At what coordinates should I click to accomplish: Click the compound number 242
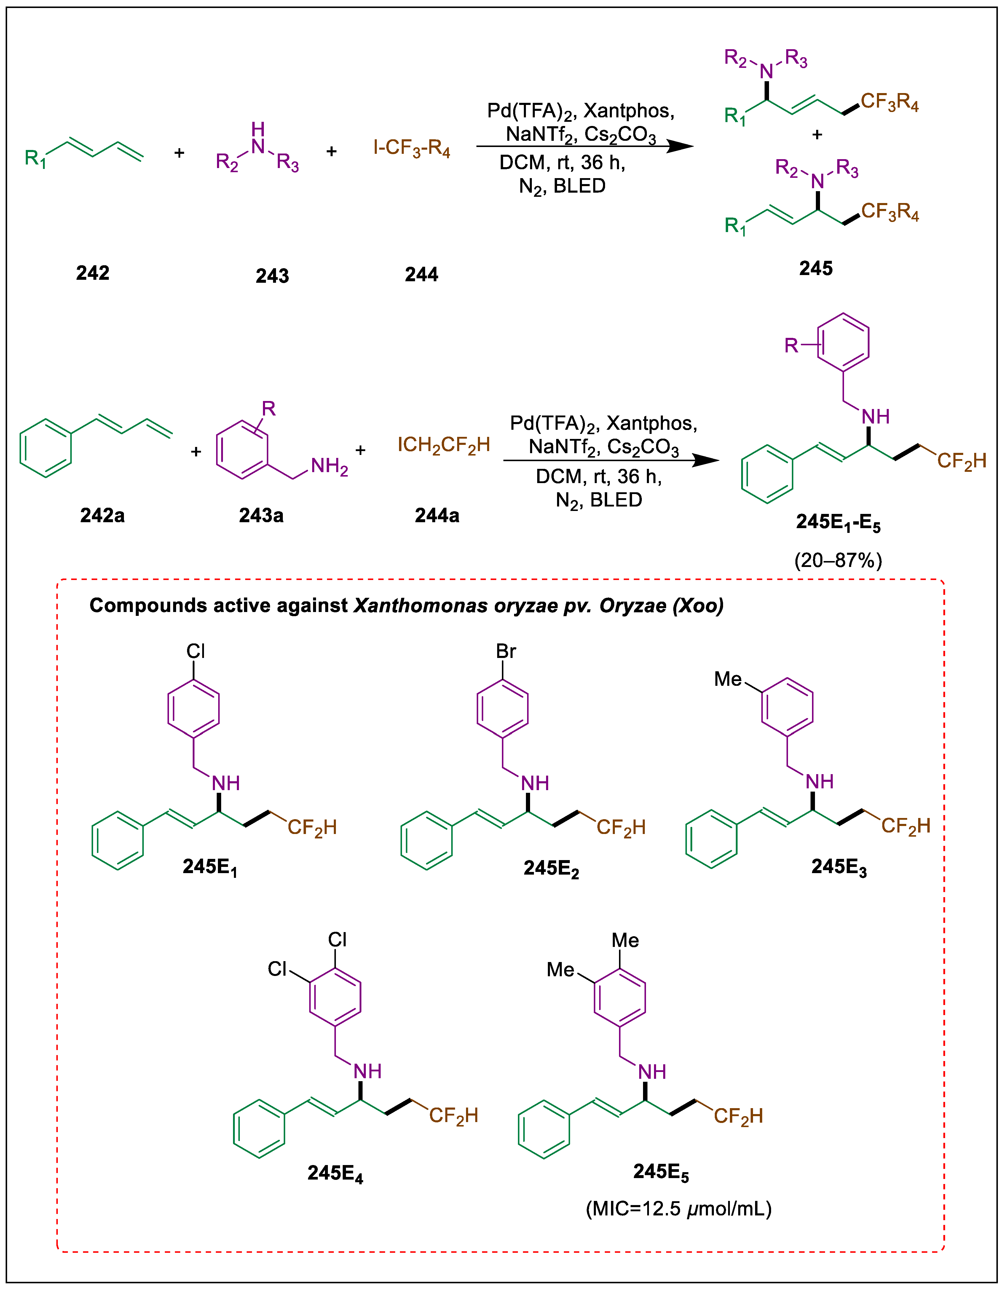93,273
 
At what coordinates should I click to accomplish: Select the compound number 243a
261,515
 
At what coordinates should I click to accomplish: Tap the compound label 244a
437,515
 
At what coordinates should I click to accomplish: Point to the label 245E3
839,867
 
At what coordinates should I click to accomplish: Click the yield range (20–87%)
838,560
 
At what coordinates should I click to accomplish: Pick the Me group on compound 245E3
728,679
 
